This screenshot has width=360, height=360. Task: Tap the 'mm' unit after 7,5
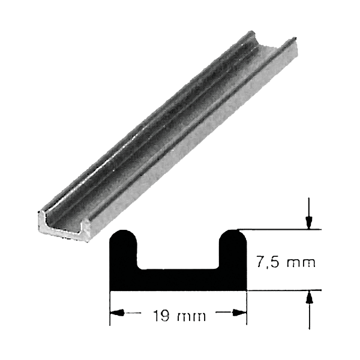[301, 263]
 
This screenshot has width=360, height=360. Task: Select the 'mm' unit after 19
[191, 317]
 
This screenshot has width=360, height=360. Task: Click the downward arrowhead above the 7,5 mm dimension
[309, 223]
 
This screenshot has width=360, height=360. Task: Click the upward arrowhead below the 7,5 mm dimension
[310, 298]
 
